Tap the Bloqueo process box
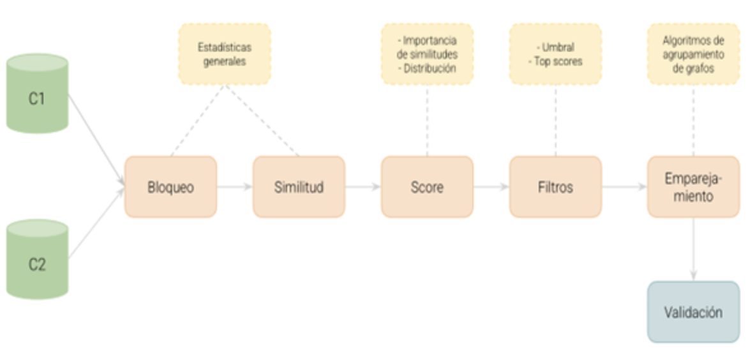click(x=170, y=187)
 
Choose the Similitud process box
click(x=299, y=187)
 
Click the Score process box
click(x=427, y=187)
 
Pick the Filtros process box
click(x=555, y=187)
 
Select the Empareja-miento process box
click(x=694, y=187)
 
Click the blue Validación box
click(x=693, y=312)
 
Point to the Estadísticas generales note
click(x=224, y=54)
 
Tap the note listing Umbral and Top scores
click(x=555, y=54)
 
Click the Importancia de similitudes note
click(x=427, y=54)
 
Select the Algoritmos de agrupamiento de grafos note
click(x=693, y=54)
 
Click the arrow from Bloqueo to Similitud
click(x=234, y=187)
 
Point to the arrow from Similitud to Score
click(x=363, y=187)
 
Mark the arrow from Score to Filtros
click(x=491, y=187)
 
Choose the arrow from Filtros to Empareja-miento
click(x=624, y=187)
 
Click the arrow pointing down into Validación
click(x=694, y=249)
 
